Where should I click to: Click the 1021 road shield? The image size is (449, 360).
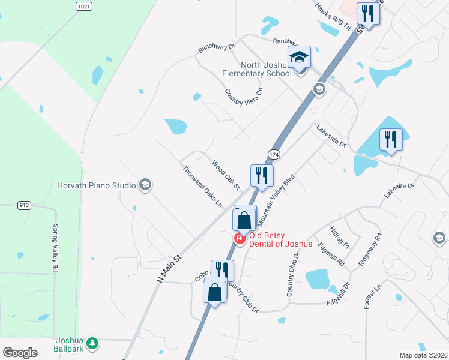pos(85,6)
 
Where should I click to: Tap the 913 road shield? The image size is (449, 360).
pos(25,205)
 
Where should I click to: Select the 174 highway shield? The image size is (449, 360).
pos(274,154)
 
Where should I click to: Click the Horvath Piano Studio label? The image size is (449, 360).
pos(96,185)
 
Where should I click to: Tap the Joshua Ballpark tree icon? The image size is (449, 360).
pos(92,343)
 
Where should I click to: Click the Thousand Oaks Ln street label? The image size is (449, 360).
pos(203,187)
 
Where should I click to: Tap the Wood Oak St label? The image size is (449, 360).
pos(226,175)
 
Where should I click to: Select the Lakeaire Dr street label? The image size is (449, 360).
pos(399,190)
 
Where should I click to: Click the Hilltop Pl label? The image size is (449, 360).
pos(340,238)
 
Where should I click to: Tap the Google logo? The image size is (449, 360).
pos(20,353)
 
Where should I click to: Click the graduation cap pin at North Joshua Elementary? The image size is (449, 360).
pos(299,58)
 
